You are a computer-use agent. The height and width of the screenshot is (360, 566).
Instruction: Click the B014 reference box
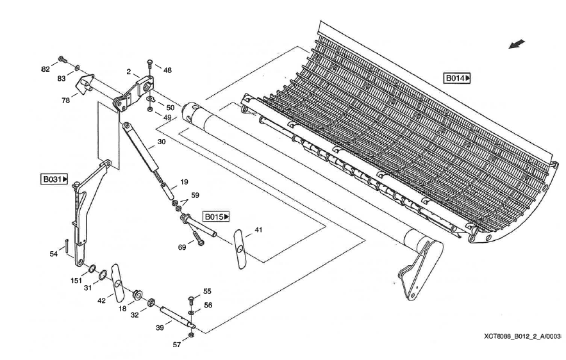[457, 78]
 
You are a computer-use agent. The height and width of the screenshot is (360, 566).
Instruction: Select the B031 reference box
[54, 179]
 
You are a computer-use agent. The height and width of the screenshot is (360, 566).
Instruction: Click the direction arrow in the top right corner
[517, 44]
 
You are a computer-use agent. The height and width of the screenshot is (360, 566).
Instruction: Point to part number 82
[46, 69]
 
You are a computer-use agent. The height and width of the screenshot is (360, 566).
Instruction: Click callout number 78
[66, 100]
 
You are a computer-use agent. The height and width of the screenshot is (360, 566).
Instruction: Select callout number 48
[167, 70]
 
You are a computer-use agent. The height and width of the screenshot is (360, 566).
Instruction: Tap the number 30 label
[161, 142]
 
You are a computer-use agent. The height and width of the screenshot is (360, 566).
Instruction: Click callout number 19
[184, 181]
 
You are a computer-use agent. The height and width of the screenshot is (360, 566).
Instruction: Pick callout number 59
[195, 195]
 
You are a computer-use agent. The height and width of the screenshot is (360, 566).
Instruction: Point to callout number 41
[258, 229]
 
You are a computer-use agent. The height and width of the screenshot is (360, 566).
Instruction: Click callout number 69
[181, 246]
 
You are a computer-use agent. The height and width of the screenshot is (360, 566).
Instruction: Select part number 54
[54, 254]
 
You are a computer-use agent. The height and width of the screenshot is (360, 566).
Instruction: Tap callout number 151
[76, 281]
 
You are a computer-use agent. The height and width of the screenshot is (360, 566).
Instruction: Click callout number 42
[101, 300]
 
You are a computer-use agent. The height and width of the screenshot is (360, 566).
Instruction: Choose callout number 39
[160, 327]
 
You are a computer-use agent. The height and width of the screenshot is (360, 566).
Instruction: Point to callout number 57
[177, 345]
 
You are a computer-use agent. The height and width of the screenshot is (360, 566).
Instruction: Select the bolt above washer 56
[192, 300]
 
